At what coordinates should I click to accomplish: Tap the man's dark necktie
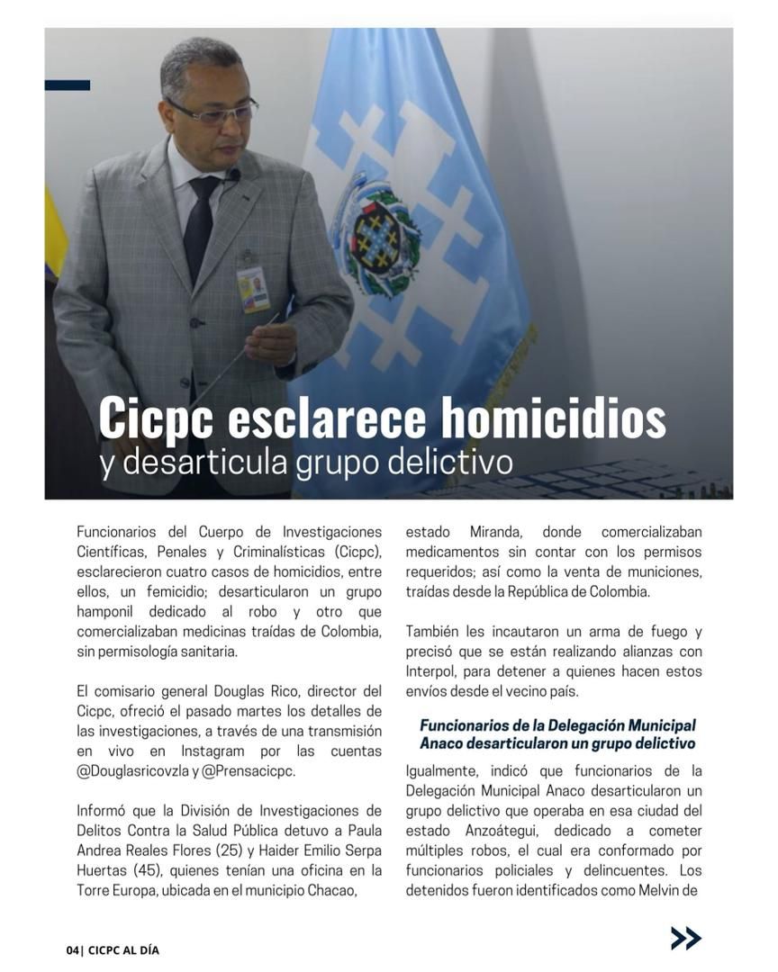201,225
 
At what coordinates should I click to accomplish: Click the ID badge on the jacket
253,289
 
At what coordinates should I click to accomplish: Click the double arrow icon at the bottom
685,938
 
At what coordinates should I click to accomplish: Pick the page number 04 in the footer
72,949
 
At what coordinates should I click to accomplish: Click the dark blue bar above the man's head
68,85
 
